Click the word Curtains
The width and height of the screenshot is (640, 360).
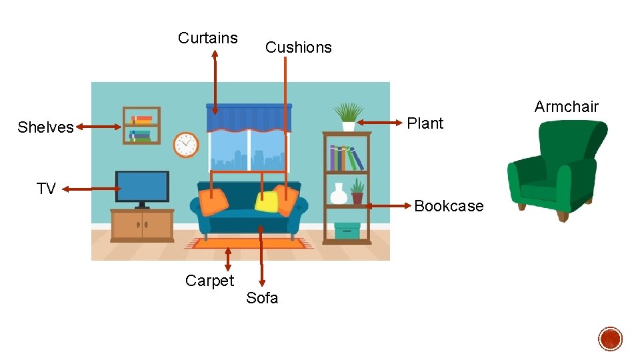point(207,38)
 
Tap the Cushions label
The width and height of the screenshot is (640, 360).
point(298,47)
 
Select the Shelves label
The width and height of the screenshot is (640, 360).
point(45,127)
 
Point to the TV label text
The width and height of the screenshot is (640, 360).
point(46,189)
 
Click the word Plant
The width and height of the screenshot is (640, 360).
point(425,123)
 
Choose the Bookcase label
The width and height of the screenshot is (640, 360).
point(449,206)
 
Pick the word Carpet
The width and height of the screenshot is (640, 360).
point(209,281)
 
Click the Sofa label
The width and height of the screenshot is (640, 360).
point(262,298)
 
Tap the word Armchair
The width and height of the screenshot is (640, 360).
point(566,107)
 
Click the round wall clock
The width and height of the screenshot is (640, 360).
point(186,145)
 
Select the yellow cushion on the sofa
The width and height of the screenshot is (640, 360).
point(266,201)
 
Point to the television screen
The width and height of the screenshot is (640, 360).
point(142,186)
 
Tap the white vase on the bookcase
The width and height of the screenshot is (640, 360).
point(339,194)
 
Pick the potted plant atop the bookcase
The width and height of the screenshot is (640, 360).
point(348,116)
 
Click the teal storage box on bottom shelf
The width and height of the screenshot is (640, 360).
point(347,231)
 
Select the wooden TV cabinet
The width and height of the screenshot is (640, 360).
point(142,225)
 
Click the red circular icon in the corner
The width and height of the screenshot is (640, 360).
point(610,339)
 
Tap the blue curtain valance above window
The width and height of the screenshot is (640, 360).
point(249,117)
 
